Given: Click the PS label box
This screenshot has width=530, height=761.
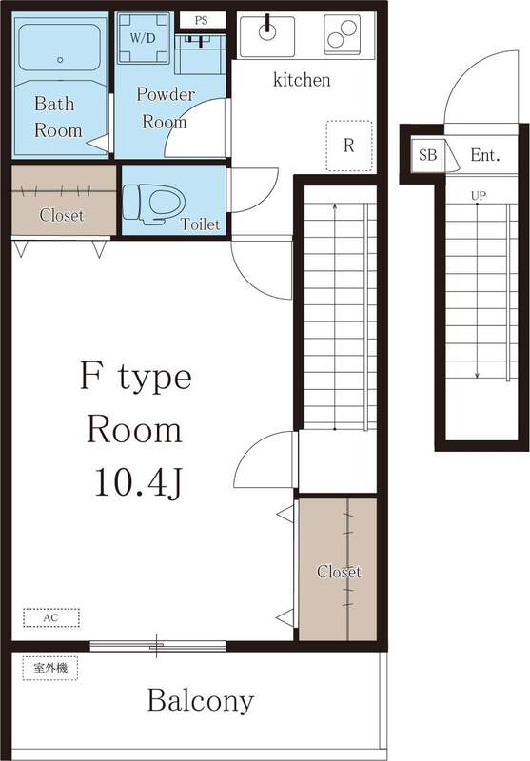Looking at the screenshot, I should click(201, 20).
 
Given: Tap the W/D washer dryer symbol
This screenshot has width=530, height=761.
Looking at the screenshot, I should click(143, 39).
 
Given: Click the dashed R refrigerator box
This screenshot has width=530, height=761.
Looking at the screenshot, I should click(348, 146).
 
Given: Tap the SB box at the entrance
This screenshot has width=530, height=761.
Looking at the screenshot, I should click(427, 155).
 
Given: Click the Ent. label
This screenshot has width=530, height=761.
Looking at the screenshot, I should click(484, 155).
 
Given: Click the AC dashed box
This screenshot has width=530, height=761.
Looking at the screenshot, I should click(50, 617).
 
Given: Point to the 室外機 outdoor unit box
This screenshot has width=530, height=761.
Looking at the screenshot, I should click(49, 668).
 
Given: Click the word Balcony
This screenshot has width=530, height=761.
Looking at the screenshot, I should click(200, 702).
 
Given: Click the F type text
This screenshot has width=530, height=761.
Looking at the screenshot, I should click(135, 377).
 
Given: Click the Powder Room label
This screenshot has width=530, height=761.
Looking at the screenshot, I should click(165, 107).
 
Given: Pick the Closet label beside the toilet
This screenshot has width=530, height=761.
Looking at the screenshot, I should click(61, 215).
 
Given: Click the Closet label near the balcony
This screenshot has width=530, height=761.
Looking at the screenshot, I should click(339, 572).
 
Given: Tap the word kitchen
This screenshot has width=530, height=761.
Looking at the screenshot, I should click(302, 80).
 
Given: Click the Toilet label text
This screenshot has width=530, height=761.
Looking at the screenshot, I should click(200, 225).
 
